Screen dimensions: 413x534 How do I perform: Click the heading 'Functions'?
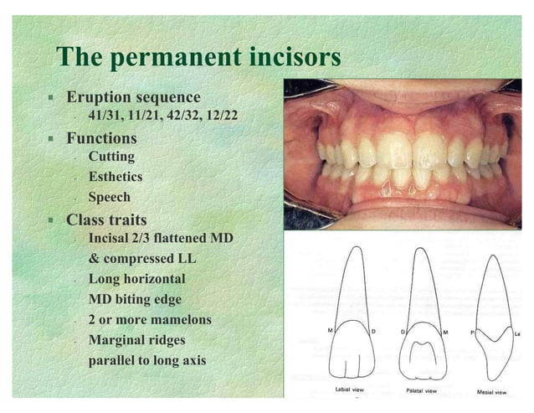point(101,137)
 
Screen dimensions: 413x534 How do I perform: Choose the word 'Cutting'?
point(111,157)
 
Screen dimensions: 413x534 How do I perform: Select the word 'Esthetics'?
point(116,177)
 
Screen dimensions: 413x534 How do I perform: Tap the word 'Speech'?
point(110,198)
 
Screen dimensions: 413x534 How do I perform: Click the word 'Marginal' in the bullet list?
point(118,341)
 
